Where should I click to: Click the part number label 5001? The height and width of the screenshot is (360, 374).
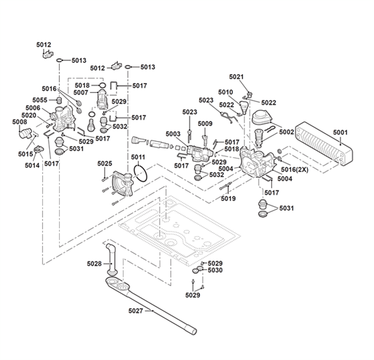340,132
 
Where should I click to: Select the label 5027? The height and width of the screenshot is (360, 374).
135,311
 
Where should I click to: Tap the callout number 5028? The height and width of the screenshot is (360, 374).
94,264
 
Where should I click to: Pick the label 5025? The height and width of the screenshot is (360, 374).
104,163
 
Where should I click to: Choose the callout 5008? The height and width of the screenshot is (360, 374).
19,122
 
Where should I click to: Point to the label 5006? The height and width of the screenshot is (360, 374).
32,108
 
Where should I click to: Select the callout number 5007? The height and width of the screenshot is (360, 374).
81,92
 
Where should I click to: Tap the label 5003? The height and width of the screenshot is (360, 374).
173,134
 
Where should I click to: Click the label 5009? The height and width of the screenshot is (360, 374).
206,124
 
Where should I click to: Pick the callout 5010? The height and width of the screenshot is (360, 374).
226,92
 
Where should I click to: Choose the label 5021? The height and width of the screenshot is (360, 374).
236,77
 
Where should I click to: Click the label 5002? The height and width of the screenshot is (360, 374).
286,132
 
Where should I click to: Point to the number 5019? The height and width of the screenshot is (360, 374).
228,199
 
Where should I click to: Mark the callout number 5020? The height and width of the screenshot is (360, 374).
29,115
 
